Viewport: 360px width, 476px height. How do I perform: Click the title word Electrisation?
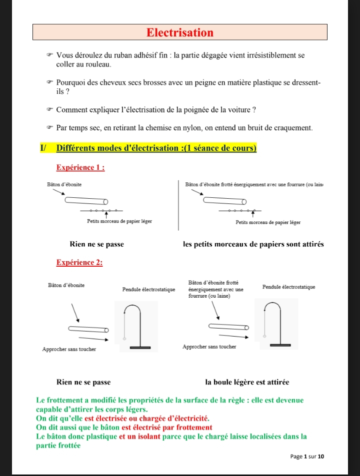tap(180, 33)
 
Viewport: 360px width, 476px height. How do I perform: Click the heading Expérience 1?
tap(80, 168)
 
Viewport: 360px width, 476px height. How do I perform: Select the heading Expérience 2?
tap(79, 262)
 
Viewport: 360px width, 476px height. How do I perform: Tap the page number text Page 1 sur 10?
tap(307, 457)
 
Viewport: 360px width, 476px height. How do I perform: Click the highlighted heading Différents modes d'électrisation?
tap(156, 148)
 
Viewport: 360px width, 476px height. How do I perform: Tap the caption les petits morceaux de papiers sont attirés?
tap(253, 244)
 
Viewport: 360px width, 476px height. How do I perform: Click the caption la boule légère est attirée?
tap(247, 383)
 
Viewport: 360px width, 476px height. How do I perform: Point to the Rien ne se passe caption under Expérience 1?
tap(97, 244)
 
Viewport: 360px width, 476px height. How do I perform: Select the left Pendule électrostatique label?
tap(148, 289)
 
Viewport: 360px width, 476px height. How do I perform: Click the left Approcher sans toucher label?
tap(69, 349)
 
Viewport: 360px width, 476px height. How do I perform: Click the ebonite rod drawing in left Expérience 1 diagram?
tap(85, 201)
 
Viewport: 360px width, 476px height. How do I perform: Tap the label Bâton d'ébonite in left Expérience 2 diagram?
tap(66, 285)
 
